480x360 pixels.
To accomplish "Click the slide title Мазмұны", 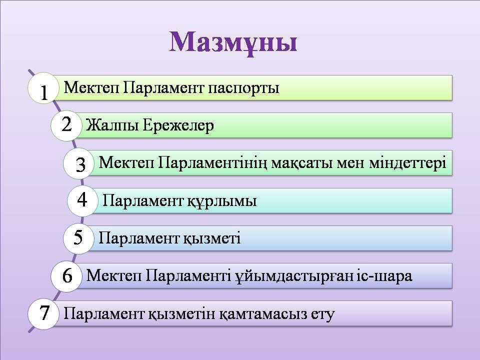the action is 233,42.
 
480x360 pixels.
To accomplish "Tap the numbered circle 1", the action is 43,88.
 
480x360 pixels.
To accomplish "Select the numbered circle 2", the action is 66,125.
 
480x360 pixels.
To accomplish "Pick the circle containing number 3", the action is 79,163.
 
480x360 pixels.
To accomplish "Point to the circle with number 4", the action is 82,200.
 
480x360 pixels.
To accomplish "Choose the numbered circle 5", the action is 78,238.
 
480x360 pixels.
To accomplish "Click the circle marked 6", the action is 66,275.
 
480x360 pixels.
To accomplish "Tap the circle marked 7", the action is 43,313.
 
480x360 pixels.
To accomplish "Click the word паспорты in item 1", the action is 243,89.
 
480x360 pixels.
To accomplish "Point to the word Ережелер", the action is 178,125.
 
